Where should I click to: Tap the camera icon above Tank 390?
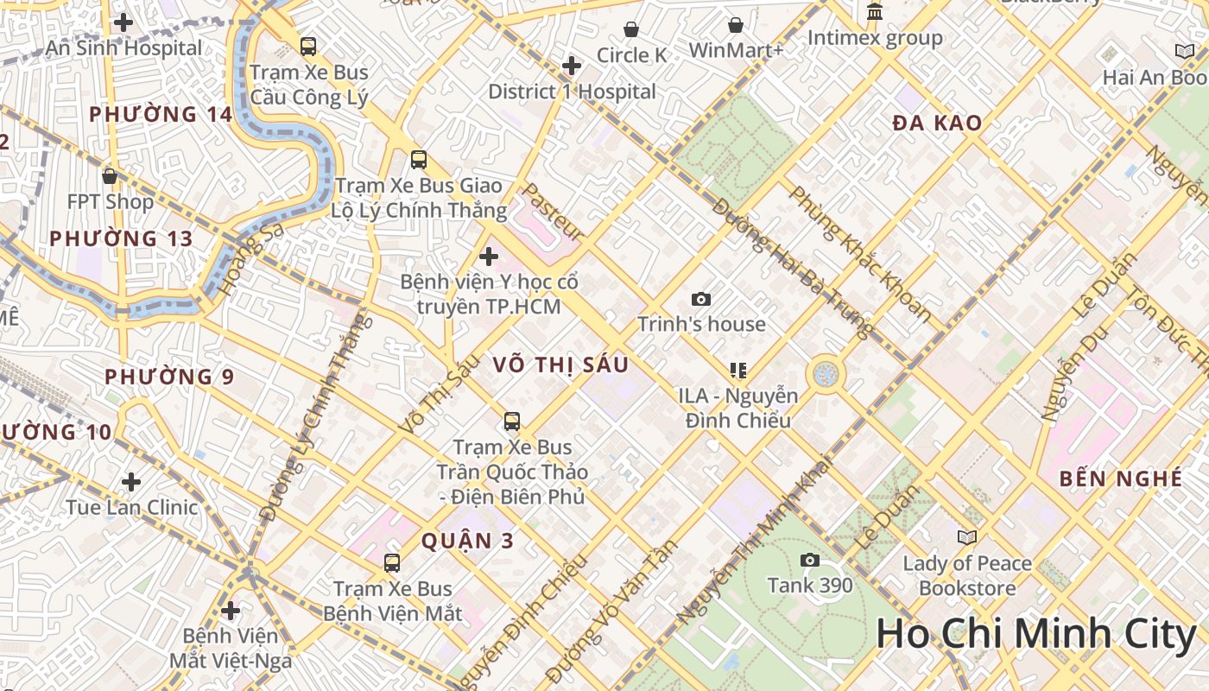point(809,560)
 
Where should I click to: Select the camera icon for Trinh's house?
point(701,299)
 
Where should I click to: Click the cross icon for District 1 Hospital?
point(571,66)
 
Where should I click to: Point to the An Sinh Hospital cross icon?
point(123,22)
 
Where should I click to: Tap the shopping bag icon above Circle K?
point(631,29)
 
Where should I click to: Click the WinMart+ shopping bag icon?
point(736,25)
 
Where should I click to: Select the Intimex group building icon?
point(875,13)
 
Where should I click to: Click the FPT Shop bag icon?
point(110,176)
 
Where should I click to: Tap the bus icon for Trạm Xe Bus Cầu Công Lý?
point(308,47)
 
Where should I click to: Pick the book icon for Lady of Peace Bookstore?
point(967,537)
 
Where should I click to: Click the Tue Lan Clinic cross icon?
point(131,481)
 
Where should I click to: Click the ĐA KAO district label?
point(937,124)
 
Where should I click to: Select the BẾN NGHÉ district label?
point(1120,479)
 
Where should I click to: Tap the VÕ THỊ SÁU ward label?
point(560,365)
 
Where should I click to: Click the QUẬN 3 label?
point(467,542)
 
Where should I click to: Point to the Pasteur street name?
point(554,211)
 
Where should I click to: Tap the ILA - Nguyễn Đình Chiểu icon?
point(738,371)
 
